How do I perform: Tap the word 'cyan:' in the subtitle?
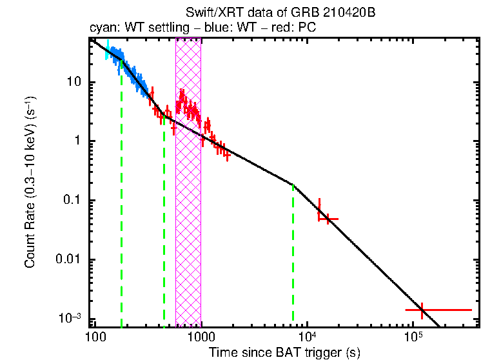(x=103, y=29)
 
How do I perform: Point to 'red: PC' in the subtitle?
(x=297, y=29)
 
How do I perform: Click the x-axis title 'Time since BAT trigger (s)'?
(x=284, y=353)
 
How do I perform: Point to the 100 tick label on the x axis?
(x=95, y=336)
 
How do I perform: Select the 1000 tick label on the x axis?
(x=201, y=336)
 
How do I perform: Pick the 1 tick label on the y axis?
(x=77, y=141)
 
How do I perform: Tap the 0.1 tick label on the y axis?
(x=72, y=201)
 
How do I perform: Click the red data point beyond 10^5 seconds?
(x=422, y=310)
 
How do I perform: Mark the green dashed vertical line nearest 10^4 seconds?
(x=293, y=252)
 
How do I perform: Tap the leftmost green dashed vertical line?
(x=121, y=194)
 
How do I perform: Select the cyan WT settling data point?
(x=108, y=50)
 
